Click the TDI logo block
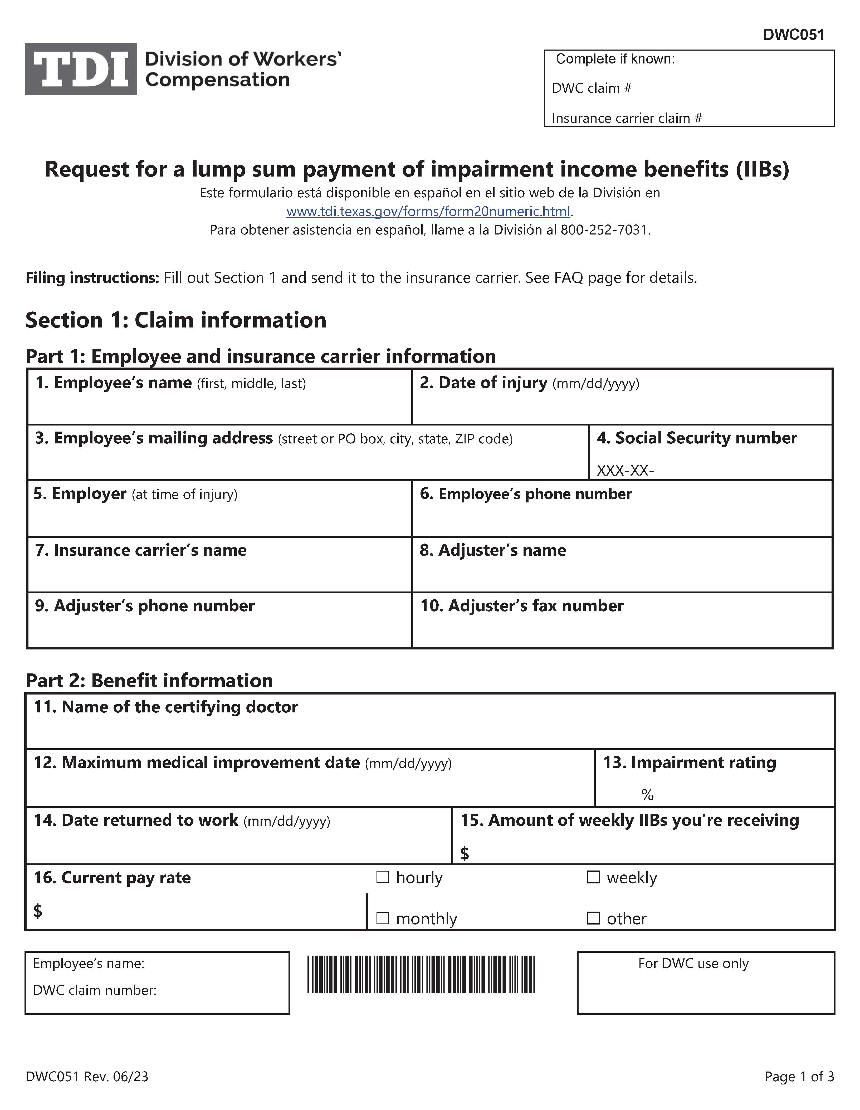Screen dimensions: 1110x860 tap(81, 69)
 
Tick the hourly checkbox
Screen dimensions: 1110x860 tap(383, 877)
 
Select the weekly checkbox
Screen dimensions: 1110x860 tap(593, 877)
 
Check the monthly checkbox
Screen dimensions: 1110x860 tap(383, 918)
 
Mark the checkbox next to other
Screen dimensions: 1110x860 tap(593, 918)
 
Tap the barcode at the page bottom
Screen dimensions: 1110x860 tap(421, 974)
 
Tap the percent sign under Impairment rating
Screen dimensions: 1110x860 tap(647, 794)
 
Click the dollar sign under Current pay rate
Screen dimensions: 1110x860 tap(38, 911)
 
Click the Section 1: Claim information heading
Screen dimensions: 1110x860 tap(176, 320)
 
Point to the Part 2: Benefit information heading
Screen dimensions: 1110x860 tap(149, 681)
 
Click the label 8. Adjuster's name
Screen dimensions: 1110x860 tap(492, 550)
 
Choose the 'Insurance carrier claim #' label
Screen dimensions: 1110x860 tap(627, 118)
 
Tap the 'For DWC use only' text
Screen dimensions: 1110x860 tap(693, 964)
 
